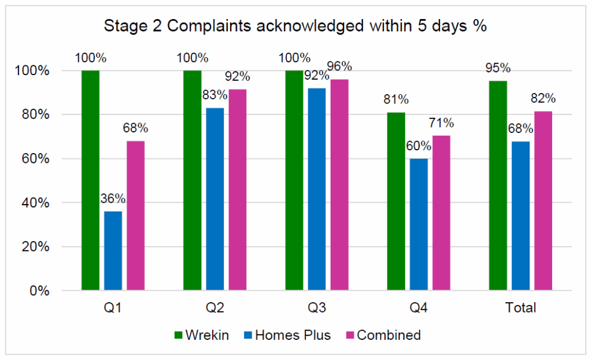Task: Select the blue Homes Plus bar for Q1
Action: pyautogui.click(x=113, y=251)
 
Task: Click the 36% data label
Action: pyautogui.click(x=113, y=199)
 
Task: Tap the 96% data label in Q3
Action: pyautogui.click(x=340, y=66)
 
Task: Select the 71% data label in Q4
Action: pyautogui.click(x=442, y=123)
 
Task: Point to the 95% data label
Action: pyautogui.click(x=498, y=68)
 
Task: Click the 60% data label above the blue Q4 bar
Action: pyautogui.click(x=419, y=146)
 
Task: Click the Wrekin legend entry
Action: pyautogui.click(x=201, y=335)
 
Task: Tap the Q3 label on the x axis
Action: pyautogui.click(x=317, y=307)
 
